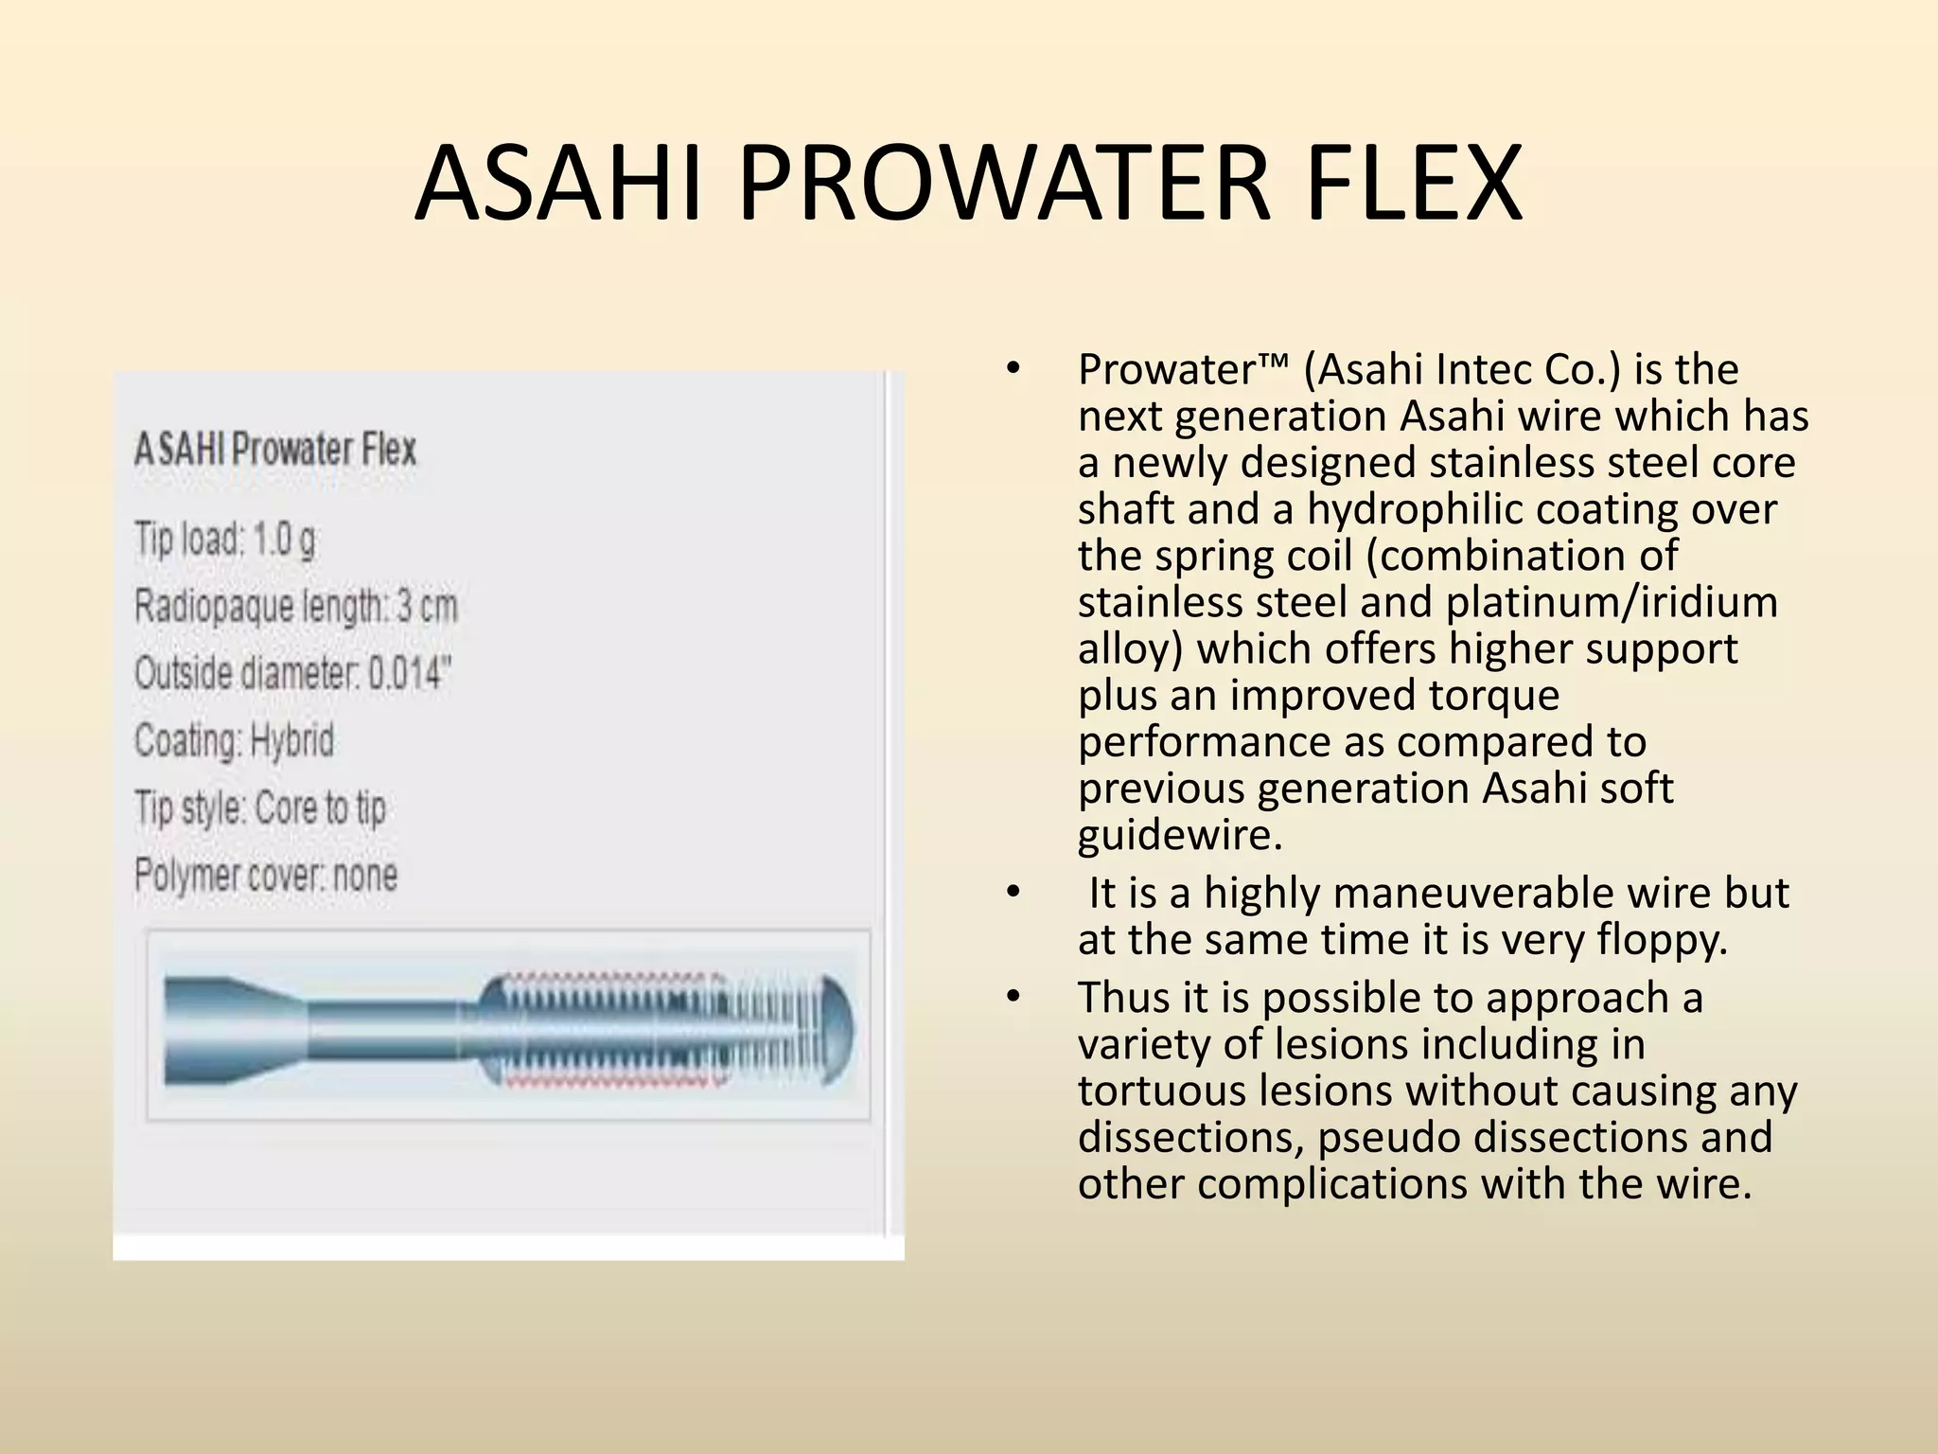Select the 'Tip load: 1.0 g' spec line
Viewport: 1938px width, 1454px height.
coord(225,540)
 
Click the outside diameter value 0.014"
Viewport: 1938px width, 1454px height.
coord(410,674)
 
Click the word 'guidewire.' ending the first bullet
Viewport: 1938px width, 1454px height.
coord(1180,835)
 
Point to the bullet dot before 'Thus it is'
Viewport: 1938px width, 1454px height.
coord(1013,998)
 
